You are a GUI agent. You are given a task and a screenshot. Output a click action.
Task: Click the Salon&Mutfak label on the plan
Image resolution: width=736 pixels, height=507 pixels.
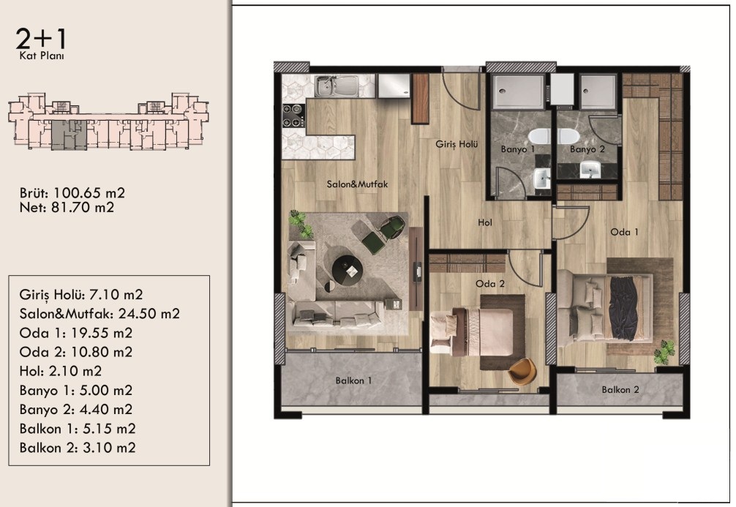pos(357,184)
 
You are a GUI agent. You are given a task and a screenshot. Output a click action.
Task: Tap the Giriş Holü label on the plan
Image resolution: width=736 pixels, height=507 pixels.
pos(457,144)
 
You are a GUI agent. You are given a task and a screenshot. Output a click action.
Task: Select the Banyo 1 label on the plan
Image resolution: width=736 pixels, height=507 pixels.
pos(518,149)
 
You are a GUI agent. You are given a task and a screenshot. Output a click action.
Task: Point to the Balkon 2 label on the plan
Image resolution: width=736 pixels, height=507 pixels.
pos(620,390)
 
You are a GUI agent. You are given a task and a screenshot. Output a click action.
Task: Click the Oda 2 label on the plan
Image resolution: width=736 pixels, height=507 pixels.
pos(490,284)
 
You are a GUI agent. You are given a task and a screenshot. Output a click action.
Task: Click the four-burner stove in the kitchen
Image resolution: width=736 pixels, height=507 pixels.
pos(293,116)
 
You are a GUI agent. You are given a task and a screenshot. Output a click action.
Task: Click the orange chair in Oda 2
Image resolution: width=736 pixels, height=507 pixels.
pos(523,372)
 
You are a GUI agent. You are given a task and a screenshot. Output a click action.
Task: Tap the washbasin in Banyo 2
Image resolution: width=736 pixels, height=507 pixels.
pos(590,170)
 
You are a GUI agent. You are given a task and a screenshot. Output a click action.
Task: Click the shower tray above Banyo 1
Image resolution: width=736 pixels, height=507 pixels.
pos(518,91)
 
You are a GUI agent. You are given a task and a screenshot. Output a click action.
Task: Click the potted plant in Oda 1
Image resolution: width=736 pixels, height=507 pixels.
pos(664,352)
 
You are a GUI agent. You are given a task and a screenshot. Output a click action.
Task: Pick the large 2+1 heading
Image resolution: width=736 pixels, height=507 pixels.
pos(41,39)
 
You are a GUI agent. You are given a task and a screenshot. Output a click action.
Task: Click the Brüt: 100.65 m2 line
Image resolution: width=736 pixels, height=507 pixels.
pos(72,193)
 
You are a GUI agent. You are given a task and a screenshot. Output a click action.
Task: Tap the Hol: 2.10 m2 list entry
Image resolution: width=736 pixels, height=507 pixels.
pos(61,371)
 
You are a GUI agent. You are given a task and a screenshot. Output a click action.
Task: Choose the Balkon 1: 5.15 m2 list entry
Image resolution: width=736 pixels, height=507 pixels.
pos(78,429)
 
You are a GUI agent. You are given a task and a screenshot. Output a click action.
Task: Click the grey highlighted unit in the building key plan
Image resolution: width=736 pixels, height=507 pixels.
pos(69,135)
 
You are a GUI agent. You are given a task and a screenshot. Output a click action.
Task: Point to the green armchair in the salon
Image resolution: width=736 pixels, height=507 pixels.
pos(391,228)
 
